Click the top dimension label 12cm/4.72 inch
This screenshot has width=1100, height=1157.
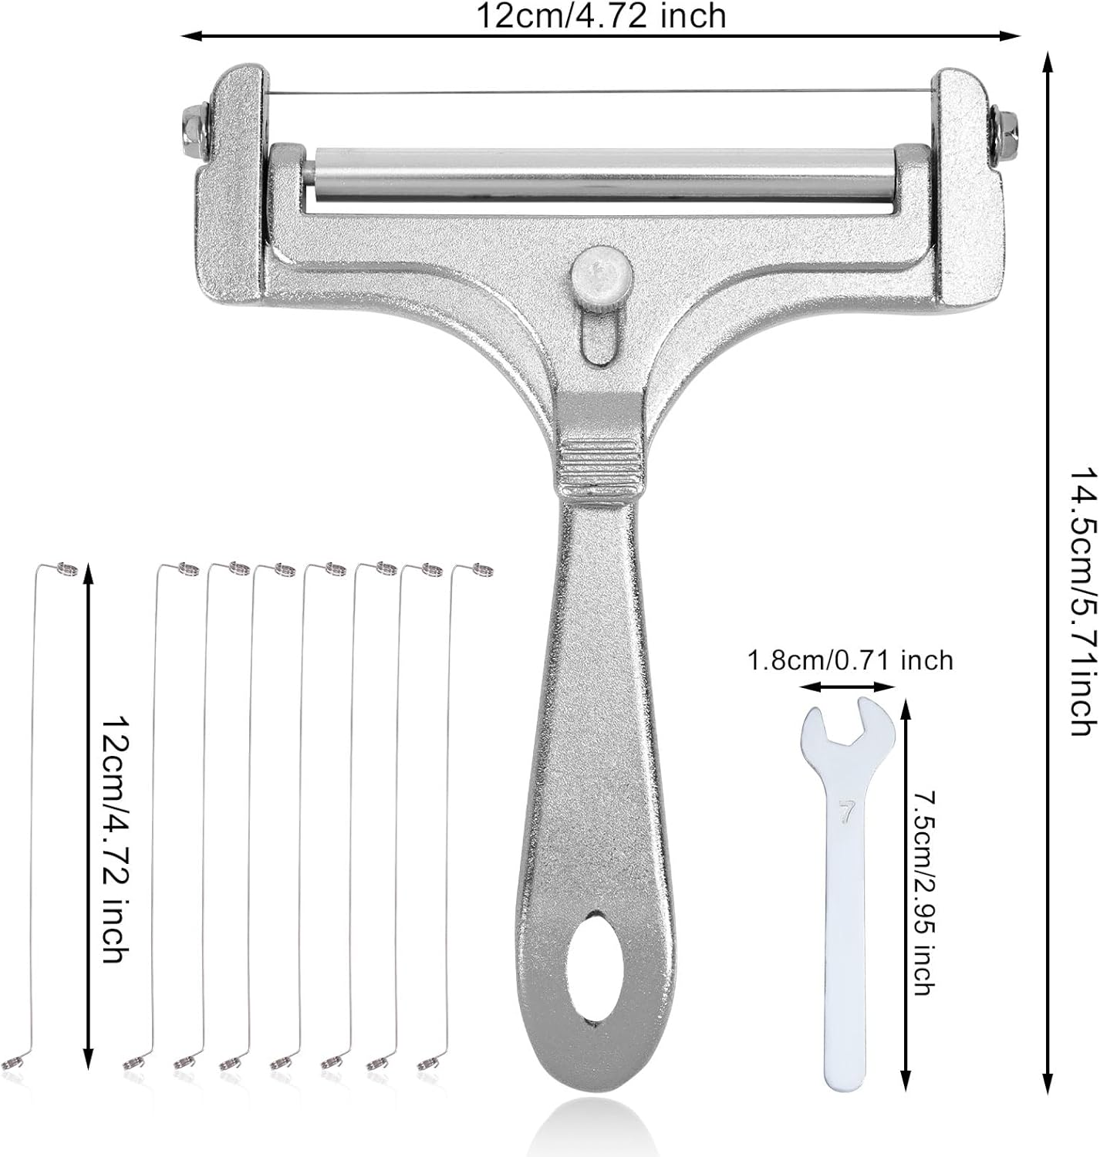click(600, 16)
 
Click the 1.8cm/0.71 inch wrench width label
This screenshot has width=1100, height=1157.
click(850, 659)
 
